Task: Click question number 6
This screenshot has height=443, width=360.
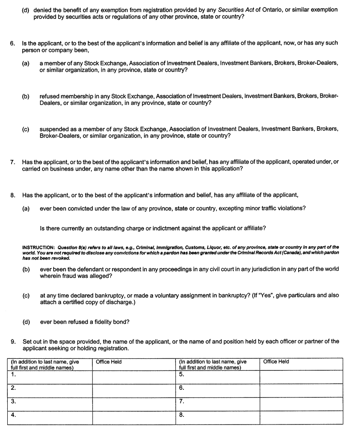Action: coord(13,43)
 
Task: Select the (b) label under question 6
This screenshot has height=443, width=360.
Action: coord(26,97)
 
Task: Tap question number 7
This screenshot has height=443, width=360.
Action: coord(13,162)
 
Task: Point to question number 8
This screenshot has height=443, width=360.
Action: coord(13,195)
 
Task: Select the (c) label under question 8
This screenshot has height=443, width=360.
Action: coord(26,296)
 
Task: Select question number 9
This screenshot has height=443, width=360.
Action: coord(13,342)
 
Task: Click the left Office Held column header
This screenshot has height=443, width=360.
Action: coord(109,362)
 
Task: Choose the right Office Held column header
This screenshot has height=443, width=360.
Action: coord(276,362)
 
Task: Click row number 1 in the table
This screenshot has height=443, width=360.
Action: coord(13,374)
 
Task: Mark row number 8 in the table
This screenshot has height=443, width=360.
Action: coord(181,415)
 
